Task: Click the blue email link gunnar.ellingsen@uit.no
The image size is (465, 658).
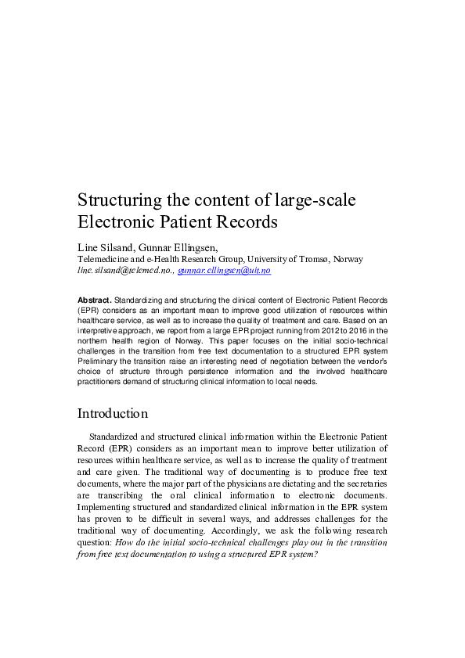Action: (224, 270)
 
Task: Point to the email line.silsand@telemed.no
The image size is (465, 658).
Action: (124, 270)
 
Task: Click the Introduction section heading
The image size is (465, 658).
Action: (112, 413)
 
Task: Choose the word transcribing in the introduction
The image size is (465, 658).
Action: (128, 495)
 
